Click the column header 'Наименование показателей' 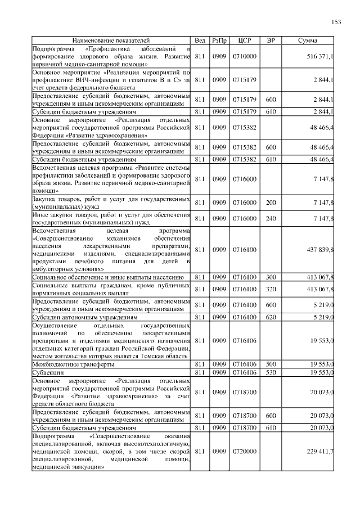pyautogui.click(x=111, y=41)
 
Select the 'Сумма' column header pyautogui.click(x=308, y=41)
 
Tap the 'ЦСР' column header pyautogui.click(x=245, y=41)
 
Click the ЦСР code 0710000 pyautogui.click(x=245, y=57)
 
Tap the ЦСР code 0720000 pyautogui.click(x=245, y=451)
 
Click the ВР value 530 pyautogui.click(x=271, y=372)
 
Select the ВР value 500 pyautogui.click(x=271, y=364)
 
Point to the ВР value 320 pyautogui.click(x=271, y=289)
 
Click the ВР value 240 pyautogui.click(x=271, y=218)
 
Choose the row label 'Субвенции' pyautogui.click(x=47, y=372)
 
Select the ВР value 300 pyautogui.click(x=271, y=277)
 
